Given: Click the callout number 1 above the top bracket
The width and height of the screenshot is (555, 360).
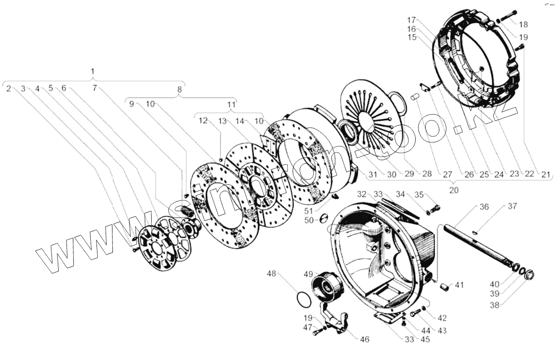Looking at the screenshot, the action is tap(93, 71).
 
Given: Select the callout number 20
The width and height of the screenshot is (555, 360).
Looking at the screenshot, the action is tap(453, 190).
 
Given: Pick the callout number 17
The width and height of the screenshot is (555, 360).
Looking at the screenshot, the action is tap(412, 20).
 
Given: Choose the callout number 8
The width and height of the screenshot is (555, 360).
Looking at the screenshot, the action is tap(179, 89).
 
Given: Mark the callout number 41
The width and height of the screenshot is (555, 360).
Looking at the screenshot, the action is tap(459, 285).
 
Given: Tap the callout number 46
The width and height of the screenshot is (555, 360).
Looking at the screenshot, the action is tap(364, 339).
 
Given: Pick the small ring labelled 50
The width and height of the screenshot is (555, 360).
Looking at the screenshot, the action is tap(322, 218).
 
